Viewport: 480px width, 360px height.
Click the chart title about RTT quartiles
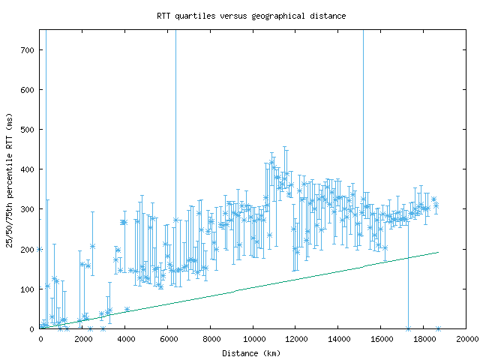(x=251, y=15)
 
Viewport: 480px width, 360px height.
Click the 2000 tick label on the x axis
(x=82, y=339)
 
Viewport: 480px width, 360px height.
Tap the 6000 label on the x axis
(x=168, y=339)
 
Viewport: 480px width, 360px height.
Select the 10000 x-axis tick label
(x=253, y=339)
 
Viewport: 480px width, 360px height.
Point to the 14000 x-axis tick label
(x=338, y=339)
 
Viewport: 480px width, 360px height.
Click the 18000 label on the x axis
(x=423, y=339)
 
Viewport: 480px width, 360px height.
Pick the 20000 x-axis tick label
(x=466, y=339)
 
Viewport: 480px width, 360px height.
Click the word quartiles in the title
(x=195, y=15)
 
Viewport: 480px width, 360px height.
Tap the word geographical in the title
(x=281, y=15)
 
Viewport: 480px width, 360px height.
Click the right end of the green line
(x=438, y=252)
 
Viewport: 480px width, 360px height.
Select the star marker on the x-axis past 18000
(x=438, y=328)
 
